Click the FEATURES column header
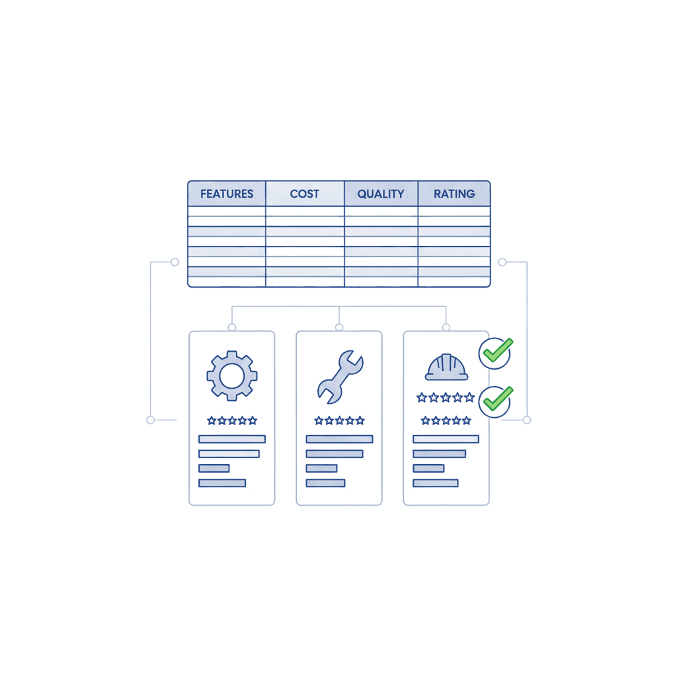point(227,194)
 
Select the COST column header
point(305,194)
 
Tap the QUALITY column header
point(381,194)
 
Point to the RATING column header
point(454,194)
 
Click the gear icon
point(231,376)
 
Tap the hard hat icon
point(446,368)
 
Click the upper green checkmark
point(495,352)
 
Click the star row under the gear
point(231,420)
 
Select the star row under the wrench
point(339,420)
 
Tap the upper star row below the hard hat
point(446,397)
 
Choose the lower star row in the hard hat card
point(446,420)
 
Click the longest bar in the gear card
point(231,439)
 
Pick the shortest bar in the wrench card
point(321,468)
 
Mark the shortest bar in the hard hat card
point(428,468)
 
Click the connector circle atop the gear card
point(231,327)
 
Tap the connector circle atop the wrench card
point(339,327)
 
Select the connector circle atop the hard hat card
point(446,327)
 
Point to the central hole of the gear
point(231,376)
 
